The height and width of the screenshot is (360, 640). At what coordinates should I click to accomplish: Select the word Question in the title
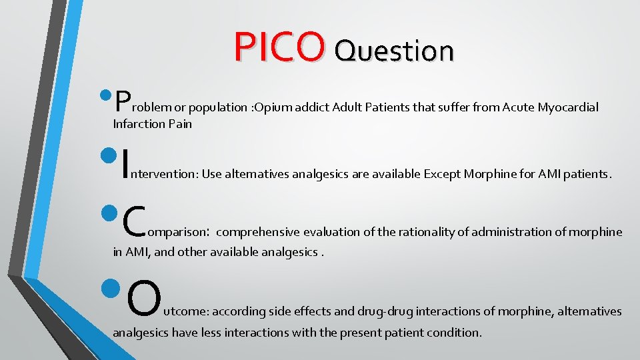tap(394, 49)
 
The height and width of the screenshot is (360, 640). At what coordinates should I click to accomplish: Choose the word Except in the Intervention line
tap(444, 175)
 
